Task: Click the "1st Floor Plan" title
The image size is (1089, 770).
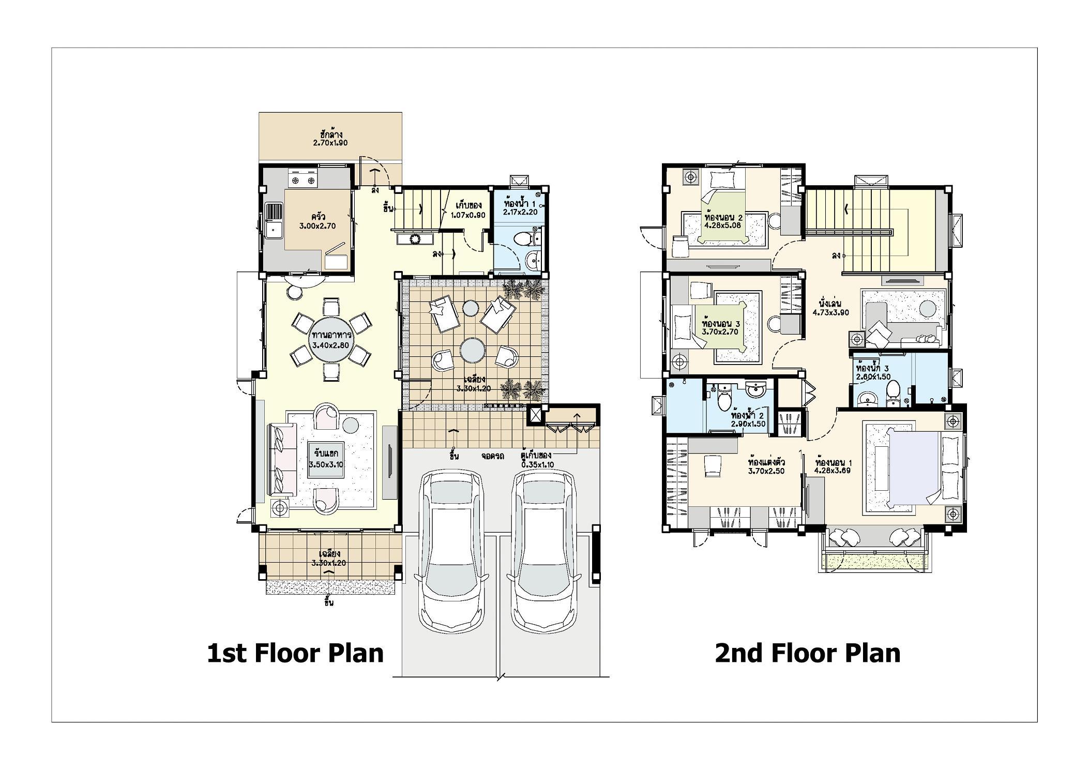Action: click(x=295, y=653)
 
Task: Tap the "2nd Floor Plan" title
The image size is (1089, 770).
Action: click(x=808, y=653)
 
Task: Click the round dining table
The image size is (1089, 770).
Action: click(x=331, y=339)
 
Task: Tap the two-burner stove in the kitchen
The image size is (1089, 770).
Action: click(x=304, y=180)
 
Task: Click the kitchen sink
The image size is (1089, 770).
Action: click(x=274, y=221)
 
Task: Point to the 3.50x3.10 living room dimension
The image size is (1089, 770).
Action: click(x=326, y=464)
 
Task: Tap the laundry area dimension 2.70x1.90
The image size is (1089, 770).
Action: click(x=330, y=142)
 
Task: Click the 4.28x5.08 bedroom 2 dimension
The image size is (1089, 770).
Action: click(x=723, y=225)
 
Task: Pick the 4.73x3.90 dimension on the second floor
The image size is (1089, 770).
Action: click(x=831, y=312)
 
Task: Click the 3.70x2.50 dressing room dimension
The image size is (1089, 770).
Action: click(x=766, y=471)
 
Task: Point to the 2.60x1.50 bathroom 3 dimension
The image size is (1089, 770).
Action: click(x=873, y=376)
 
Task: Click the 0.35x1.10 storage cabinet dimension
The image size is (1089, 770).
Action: click(x=537, y=464)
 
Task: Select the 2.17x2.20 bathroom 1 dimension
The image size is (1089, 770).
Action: click(x=520, y=212)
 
